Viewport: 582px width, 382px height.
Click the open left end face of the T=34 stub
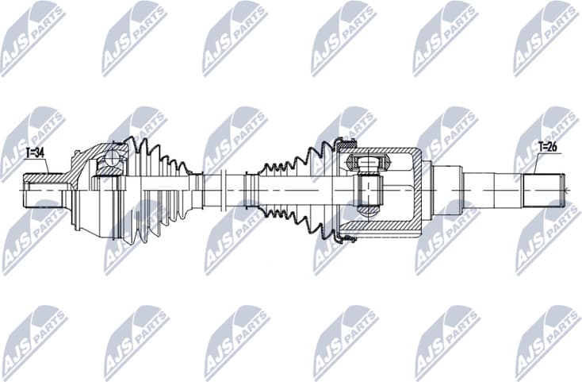click(23, 191)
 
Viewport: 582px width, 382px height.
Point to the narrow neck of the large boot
click(195, 191)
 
